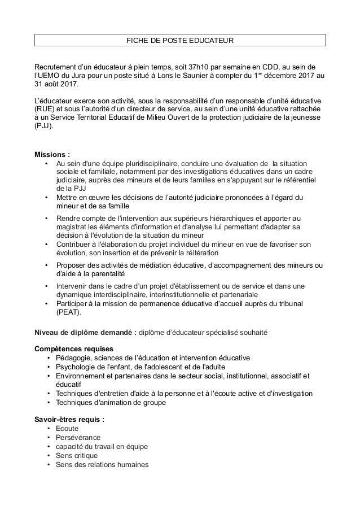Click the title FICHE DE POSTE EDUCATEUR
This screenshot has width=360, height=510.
pos(180,41)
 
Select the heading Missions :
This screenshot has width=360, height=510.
pos(52,154)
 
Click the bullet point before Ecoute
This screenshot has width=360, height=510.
pos(50,429)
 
